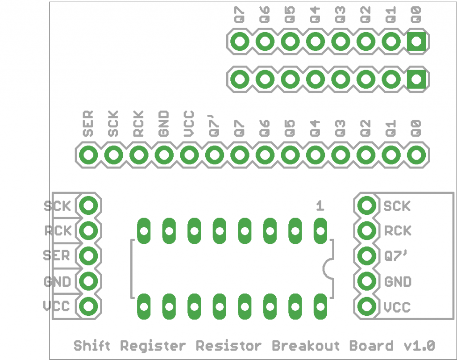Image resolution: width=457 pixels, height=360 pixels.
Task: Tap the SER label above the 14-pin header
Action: [88, 124]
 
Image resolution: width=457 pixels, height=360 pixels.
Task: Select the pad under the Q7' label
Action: [215, 155]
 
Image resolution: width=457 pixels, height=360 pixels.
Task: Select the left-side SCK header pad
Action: [88, 205]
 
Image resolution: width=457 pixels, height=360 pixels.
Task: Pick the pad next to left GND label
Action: [88, 281]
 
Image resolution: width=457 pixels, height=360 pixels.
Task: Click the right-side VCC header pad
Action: [367, 306]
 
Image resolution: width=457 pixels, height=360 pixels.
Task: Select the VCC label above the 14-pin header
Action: [189, 124]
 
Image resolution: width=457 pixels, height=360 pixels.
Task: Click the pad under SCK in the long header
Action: [114, 155]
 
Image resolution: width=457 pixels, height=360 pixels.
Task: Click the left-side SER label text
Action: [57, 255]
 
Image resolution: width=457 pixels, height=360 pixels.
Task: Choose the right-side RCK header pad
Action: [367, 230]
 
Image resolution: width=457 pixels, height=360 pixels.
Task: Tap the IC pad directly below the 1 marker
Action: [320, 231]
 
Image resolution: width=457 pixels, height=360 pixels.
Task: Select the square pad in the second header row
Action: [417, 80]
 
